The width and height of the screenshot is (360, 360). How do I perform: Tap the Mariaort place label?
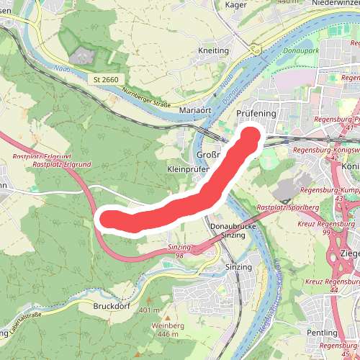(195, 110)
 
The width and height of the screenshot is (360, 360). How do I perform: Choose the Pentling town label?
(322, 333)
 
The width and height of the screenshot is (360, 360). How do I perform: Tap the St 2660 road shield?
(105, 78)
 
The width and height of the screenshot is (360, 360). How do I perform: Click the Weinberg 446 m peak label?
(168, 330)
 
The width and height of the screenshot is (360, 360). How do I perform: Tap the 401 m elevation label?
(150, 310)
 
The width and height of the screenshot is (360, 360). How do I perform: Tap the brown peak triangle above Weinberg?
(167, 318)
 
